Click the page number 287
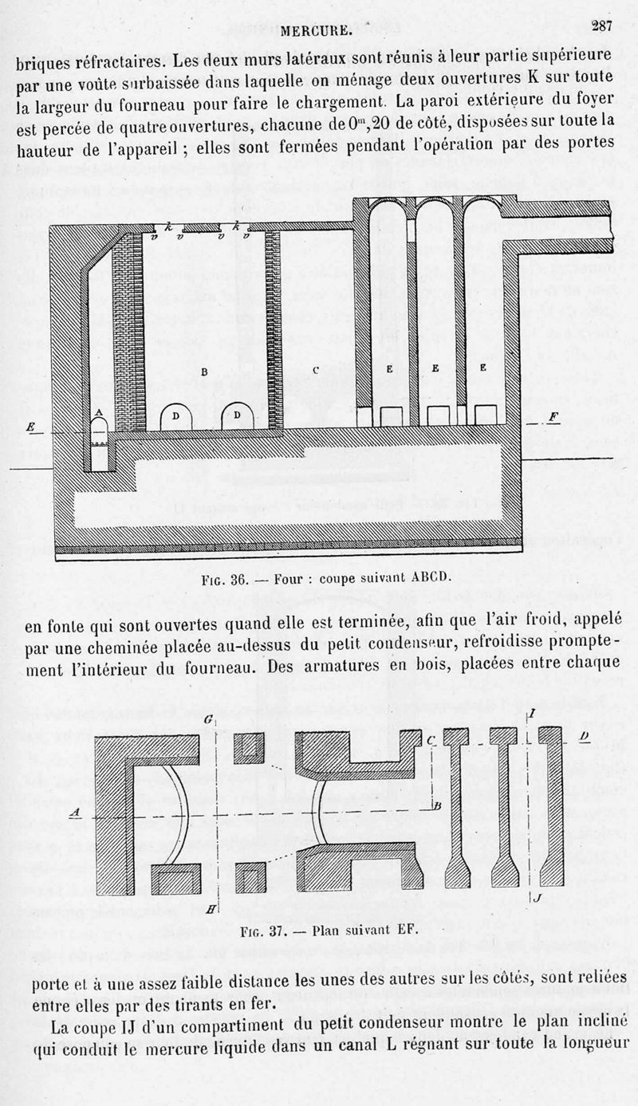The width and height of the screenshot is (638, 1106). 601,26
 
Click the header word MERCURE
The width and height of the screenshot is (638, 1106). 317,32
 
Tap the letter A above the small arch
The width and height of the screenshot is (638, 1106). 99,411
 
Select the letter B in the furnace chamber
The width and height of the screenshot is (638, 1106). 203,372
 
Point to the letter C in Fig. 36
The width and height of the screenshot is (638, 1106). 316,369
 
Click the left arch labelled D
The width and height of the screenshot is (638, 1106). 175,416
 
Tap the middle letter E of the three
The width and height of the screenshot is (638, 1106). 435,368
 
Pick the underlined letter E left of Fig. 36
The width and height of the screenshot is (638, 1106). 31,427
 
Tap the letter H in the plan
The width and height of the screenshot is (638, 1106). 209,909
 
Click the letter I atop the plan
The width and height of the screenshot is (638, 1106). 531,714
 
